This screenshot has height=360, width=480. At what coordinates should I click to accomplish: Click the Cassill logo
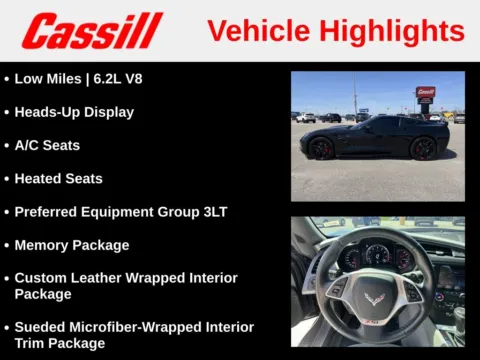point(92,31)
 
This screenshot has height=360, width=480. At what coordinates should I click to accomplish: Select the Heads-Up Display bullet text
point(74,112)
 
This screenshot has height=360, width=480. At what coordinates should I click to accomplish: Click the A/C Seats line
point(47,145)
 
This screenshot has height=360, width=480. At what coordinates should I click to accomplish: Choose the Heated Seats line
point(58,178)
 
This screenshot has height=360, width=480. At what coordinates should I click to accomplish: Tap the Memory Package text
point(72,245)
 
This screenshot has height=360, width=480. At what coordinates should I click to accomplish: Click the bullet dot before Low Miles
point(7,78)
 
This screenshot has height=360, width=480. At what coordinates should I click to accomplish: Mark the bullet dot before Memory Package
point(7,245)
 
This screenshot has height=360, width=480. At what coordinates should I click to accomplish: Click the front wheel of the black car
point(322,148)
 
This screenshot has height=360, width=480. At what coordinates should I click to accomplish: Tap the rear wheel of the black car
point(423,148)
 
